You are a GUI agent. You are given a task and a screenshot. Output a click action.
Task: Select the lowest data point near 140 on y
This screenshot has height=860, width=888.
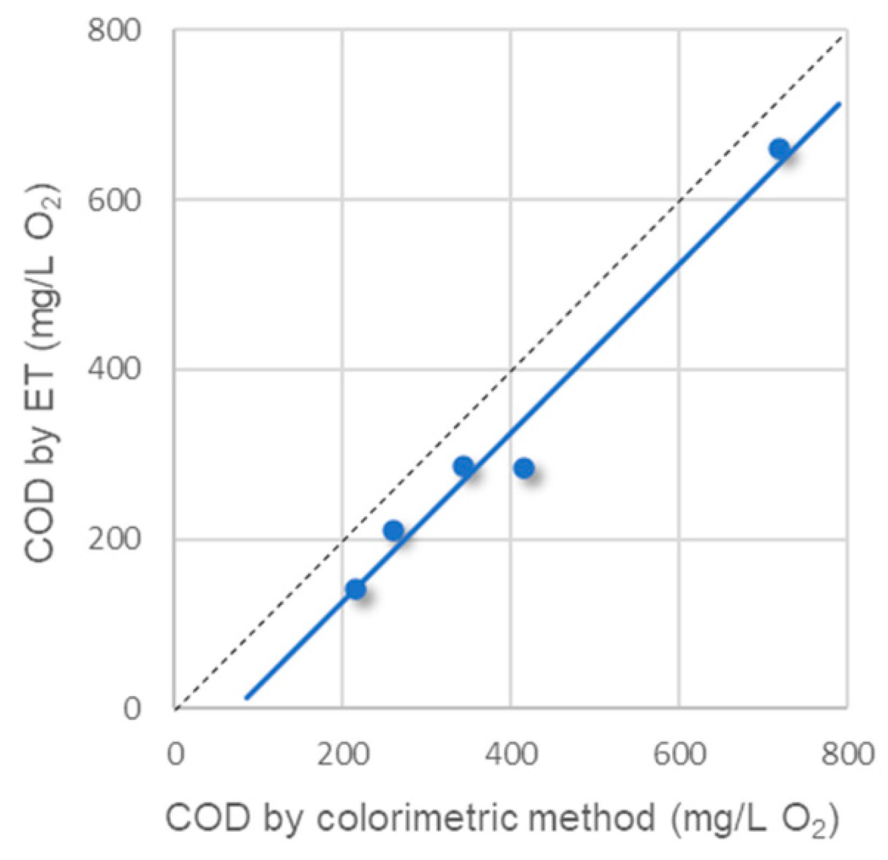(x=355, y=589)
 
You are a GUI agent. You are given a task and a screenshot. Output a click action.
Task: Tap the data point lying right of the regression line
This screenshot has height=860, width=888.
(x=524, y=468)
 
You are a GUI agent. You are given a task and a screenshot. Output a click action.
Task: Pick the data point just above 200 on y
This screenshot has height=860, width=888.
(x=393, y=530)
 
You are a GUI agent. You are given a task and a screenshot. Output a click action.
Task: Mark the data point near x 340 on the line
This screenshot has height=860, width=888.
(x=463, y=466)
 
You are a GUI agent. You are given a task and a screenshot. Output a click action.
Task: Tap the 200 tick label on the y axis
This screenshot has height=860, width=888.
(x=114, y=539)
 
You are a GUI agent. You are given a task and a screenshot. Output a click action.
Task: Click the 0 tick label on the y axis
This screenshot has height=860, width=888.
(x=131, y=709)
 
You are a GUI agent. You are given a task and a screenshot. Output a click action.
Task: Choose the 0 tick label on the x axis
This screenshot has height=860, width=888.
(x=175, y=755)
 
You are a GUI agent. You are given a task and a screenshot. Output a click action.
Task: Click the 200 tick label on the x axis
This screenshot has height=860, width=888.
(x=343, y=755)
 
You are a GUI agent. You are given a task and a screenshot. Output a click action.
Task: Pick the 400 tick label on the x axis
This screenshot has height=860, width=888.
(x=511, y=755)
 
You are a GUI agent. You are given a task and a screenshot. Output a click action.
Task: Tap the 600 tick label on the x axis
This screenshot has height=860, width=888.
(x=679, y=755)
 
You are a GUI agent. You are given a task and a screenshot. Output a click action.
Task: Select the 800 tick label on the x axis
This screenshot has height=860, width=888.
(x=847, y=755)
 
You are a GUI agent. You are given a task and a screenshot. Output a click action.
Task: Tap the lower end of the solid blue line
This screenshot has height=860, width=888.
(x=246, y=698)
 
